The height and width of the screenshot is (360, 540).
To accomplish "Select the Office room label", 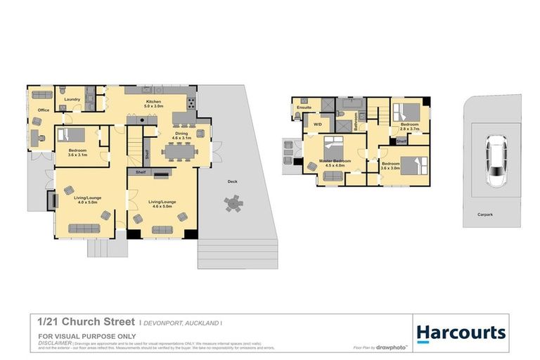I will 43,111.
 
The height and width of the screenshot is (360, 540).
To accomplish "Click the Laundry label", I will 72,100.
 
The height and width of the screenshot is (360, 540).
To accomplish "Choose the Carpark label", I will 485,214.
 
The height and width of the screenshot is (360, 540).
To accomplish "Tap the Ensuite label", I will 304,108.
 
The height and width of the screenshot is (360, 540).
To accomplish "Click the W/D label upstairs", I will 317,124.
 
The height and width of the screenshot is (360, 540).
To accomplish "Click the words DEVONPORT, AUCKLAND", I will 181,323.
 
